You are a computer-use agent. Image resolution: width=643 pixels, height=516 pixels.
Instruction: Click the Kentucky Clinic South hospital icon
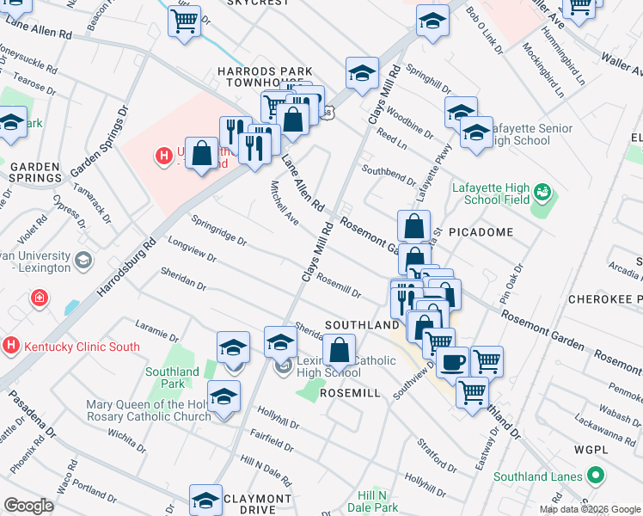[x=10, y=347]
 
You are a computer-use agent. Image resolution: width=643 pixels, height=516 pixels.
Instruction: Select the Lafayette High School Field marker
[x=542, y=190]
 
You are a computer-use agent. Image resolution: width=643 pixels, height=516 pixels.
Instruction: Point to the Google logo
[x=28, y=506]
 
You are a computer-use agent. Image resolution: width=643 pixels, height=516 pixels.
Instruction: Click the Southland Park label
[x=172, y=378]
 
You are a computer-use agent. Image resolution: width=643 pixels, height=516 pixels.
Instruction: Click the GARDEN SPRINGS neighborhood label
[x=35, y=172]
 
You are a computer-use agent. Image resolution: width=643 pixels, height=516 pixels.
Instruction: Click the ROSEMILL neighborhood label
[x=349, y=391]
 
